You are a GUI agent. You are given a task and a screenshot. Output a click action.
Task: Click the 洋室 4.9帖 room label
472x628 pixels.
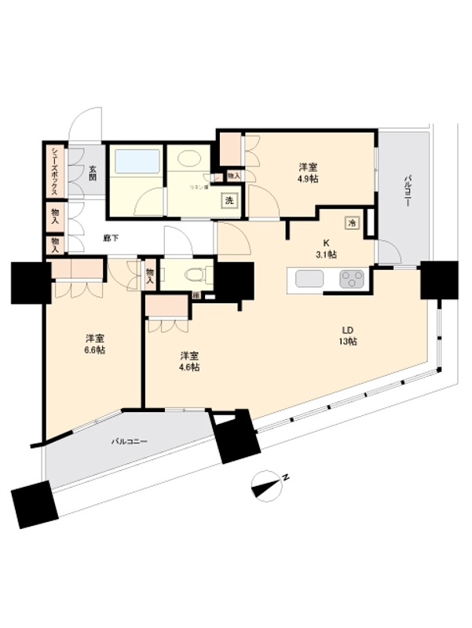(x=308, y=173)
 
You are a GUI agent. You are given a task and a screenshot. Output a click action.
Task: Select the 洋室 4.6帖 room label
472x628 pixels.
(x=188, y=360)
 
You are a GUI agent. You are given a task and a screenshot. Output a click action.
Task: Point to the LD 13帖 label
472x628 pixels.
(x=349, y=336)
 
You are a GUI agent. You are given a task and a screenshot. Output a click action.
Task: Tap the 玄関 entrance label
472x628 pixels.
(x=92, y=171)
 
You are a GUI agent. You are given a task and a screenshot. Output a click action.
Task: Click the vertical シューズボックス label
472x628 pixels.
(x=53, y=171)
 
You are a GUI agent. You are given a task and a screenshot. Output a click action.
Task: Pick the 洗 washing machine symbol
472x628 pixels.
(x=229, y=200)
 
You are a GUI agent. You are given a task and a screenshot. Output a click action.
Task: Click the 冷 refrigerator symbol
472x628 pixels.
(x=352, y=222)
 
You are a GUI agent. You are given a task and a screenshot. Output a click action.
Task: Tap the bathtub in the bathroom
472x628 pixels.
(x=138, y=162)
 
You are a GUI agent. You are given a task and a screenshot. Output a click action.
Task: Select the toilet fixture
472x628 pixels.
(x=191, y=276)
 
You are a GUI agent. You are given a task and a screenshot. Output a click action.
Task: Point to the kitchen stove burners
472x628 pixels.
(x=351, y=279)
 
